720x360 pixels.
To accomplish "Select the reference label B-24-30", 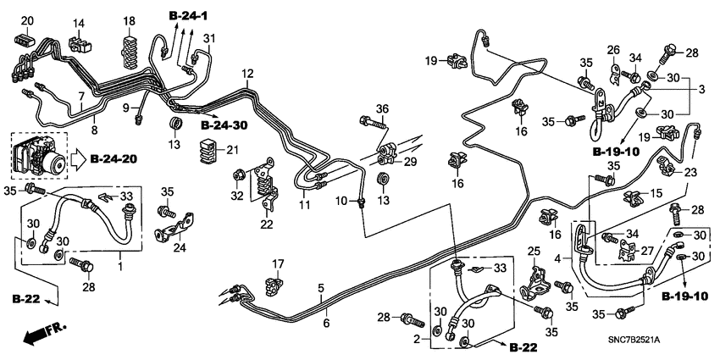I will click(x=224, y=125).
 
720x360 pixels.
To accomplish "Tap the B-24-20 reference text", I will click(x=115, y=158).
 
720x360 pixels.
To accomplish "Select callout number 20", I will click(x=26, y=21).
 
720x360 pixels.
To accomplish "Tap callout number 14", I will click(x=79, y=22).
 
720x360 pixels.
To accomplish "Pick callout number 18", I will click(x=130, y=21).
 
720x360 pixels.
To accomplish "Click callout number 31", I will click(x=209, y=38).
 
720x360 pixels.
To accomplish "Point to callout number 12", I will click(x=247, y=75).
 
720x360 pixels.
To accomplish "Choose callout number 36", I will click(x=382, y=108).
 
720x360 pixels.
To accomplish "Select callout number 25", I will click(x=533, y=252).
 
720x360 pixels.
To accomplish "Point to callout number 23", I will click(x=690, y=173).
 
